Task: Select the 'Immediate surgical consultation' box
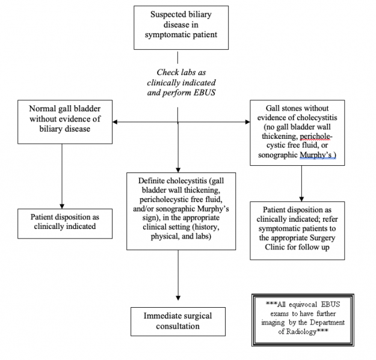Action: click(x=177, y=321)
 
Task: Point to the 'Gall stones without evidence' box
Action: click(x=297, y=132)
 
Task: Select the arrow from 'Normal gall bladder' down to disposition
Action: click(x=61, y=174)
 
